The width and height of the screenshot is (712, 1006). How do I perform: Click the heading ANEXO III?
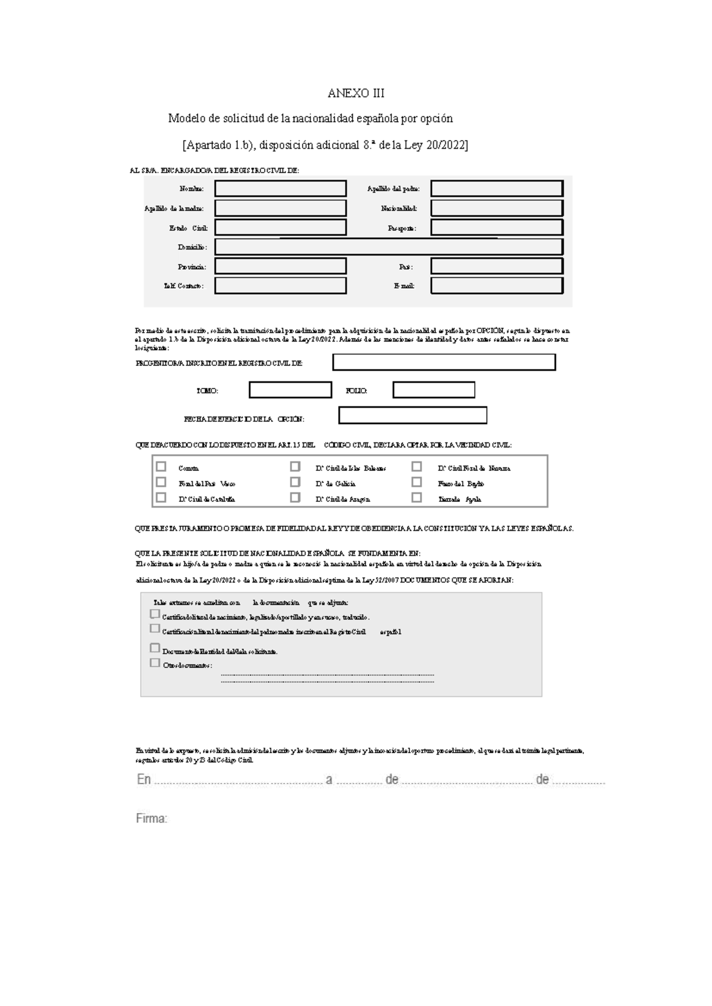pyautogui.click(x=356, y=94)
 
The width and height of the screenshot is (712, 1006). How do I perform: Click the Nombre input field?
pyautogui.click(x=280, y=189)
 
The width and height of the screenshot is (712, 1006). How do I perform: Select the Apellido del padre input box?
pyautogui.click(x=497, y=189)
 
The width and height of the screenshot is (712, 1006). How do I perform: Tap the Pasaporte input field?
pyautogui.click(x=497, y=228)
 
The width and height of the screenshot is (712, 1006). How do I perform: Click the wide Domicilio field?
pyautogui.click(x=389, y=247)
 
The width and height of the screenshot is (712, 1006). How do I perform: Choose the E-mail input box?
pyautogui.click(x=497, y=286)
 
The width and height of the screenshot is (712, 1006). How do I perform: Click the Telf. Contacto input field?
pyautogui.click(x=280, y=286)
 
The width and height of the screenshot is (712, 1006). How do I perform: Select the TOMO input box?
pyautogui.click(x=290, y=390)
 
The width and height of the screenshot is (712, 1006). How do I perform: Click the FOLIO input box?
pyautogui.click(x=434, y=390)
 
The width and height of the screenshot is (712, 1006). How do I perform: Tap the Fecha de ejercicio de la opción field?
pyautogui.click(x=412, y=416)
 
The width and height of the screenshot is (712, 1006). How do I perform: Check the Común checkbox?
pyautogui.click(x=161, y=467)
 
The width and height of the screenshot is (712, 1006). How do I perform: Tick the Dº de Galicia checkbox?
pyautogui.click(x=295, y=482)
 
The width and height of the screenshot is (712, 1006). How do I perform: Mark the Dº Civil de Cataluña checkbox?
pyautogui.click(x=161, y=498)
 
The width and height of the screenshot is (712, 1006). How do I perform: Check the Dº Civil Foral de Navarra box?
pyautogui.click(x=417, y=467)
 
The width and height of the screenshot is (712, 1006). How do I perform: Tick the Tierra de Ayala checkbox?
pyautogui.click(x=417, y=498)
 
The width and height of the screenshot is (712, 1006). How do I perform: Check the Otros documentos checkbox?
pyautogui.click(x=155, y=663)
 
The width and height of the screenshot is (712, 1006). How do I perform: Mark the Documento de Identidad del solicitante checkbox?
pyautogui.click(x=155, y=648)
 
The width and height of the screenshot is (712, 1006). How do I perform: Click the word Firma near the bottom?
pyautogui.click(x=151, y=819)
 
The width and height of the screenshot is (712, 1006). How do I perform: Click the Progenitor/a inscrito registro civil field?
pyautogui.click(x=444, y=362)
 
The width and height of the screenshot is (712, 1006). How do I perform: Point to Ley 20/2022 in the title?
pyautogui.click(x=436, y=145)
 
